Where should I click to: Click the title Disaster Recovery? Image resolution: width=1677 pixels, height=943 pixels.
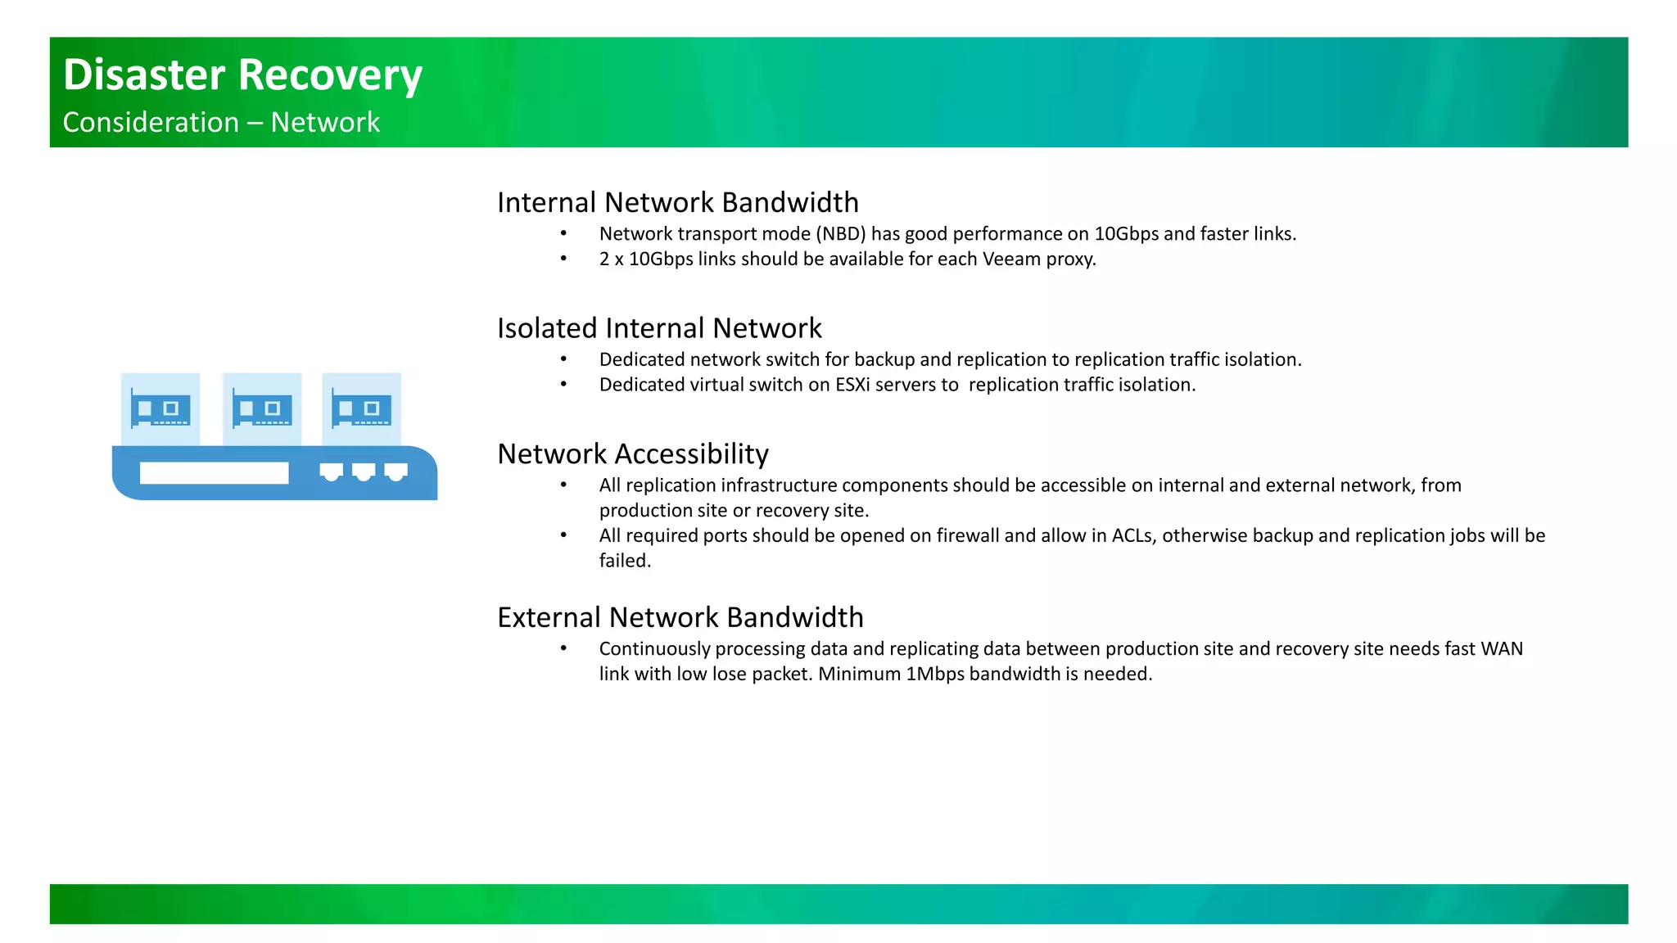pyautogui.click(x=242, y=75)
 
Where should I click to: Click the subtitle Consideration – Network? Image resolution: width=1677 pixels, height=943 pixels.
pyautogui.click(x=221, y=123)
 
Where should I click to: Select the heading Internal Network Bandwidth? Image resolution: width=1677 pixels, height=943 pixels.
pyautogui.click(x=677, y=202)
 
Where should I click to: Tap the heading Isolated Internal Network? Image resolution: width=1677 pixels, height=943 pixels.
pyautogui.click(x=658, y=328)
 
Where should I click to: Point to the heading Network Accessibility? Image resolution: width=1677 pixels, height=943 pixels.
pyautogui.click(x=632, y=454)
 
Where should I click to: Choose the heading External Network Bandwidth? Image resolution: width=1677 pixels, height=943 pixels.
pyautogui.click(x=680, y=617)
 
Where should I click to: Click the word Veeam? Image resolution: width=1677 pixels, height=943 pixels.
pyautogui.click(x=1010, y=259)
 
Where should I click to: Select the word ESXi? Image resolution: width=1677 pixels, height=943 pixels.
pyautogui.click(x=852, y=385)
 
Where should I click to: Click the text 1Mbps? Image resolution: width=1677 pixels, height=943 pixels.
pyautogui.click(x=934, y=675)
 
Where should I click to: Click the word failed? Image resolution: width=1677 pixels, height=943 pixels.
pyautogui.click(x=624, y=562)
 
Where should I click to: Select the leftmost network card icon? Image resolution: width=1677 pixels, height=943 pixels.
pyautogui.click(x=160, y=408)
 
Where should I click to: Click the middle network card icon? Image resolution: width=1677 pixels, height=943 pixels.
pyautogui.click(x=262, y=408)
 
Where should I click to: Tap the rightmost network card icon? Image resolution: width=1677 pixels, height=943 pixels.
pyautogui.click(x=361, y=408)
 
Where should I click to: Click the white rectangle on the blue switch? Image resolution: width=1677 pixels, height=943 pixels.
pyautogui.click(x=214, y=473)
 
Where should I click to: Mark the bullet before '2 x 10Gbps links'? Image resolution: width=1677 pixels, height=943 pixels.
pyautogui.click(x=563, y=259)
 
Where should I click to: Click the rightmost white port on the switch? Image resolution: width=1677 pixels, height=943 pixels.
pyautogui.click(x=396, y=472)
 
